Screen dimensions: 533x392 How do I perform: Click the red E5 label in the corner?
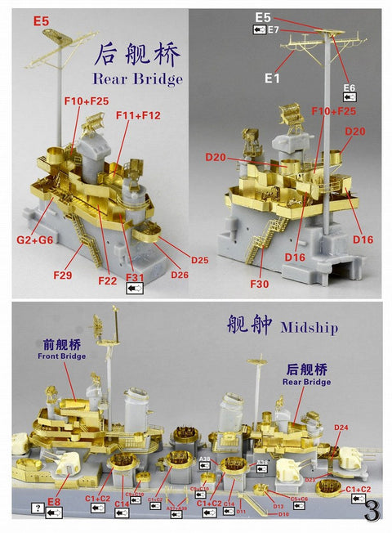41,16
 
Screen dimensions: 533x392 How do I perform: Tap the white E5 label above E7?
263,16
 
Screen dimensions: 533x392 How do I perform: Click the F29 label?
63,275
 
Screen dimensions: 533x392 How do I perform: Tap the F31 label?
135,279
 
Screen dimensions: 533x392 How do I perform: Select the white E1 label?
272,78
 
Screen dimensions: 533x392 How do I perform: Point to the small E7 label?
274,30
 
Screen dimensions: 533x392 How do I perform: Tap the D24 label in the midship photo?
341,428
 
